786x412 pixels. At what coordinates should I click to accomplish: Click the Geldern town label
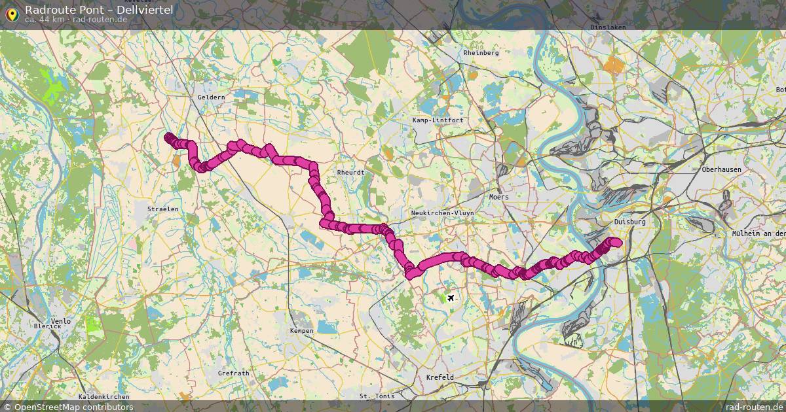[211, 97]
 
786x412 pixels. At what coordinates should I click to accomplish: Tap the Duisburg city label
[629, 222]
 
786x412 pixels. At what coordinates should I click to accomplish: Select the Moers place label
[498, 196]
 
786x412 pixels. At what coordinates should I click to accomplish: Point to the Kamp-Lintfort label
[438, 120]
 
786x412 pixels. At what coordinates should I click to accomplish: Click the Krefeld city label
[440, 377]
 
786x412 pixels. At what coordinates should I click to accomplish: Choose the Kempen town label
[301, 331]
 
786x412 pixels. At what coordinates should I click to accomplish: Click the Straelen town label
[162, 209]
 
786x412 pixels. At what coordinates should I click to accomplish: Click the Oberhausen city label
[721, 169]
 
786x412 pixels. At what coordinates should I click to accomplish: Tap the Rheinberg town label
[481, 52]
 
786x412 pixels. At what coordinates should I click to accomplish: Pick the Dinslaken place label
[608, 27]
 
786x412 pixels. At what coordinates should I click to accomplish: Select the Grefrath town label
[233, 373]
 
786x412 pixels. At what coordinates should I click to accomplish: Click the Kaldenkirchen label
[103, 396]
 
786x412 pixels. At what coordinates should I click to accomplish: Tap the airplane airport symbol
[449, 298]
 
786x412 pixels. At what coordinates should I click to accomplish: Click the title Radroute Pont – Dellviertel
[99, 9]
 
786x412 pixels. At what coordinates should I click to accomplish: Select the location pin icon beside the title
[12, 13]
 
